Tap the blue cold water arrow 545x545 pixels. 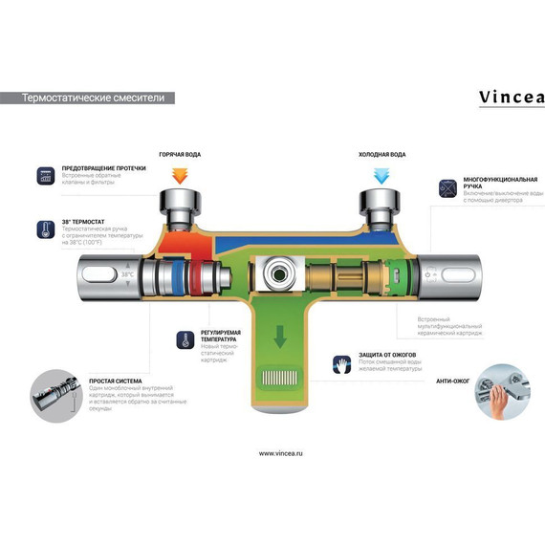pos(381,175)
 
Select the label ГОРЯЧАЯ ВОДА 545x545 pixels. pos(180,154)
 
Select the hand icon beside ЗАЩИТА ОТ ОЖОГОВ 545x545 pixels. pos(342,363)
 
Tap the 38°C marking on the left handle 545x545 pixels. pos(127,275)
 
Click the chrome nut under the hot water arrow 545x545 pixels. pos(180,205)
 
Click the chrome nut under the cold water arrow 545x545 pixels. pos(381,205)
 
